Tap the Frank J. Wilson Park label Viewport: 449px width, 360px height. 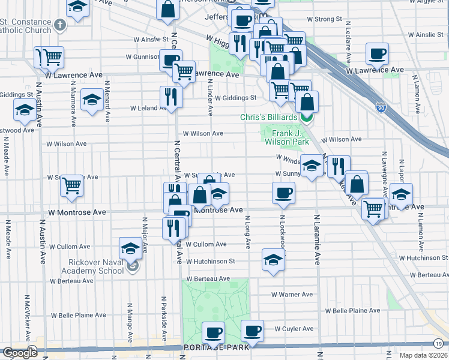click(286, 137)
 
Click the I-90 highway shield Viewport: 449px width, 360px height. click(381, 107)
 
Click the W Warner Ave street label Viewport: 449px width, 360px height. click(292, 295)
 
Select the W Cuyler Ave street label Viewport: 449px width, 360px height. click(294, 329)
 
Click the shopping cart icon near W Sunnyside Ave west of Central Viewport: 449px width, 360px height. click(72, 185)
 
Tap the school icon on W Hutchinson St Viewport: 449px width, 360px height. click(273, 260)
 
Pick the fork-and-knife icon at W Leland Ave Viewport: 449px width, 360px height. click(171, 96)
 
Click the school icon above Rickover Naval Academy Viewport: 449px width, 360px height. click(130, 248)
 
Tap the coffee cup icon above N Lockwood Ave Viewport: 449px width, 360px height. click(283, 193)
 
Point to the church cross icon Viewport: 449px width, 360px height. click(59, 25)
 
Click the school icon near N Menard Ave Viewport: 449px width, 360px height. click(91, 99)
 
